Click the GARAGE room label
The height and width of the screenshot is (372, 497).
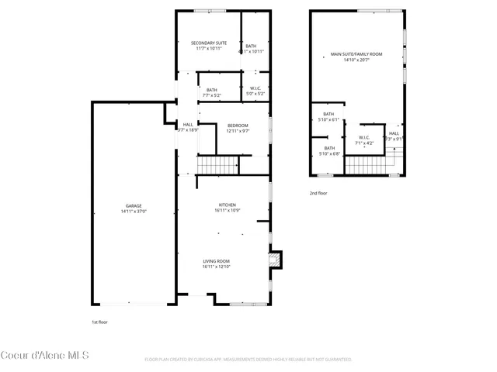pyautogui.click(x=134, y=205)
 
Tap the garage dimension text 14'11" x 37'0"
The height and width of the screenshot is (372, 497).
pyautogui.click(x=134, y=211)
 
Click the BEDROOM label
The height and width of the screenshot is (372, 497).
pyautogui.click(x=238, y=126)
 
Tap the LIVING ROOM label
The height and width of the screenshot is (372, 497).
pyautogui.click(x=217, y=260)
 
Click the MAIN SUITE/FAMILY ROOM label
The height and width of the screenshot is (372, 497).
pyautogui.click(x=356, y=54)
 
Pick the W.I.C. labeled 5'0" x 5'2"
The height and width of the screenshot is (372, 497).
pyautogui.click(x=255, y=91)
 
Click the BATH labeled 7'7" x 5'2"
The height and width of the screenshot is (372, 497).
pyautogui.click(x=212, y=91)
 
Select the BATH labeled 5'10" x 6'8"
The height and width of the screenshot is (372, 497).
pyautogui.click(x=329, y=150)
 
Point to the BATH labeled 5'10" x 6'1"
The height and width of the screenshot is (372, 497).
pyautogui.click(x=328, y=117)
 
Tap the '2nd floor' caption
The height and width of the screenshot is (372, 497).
pyautogui.click(x=318, y=193)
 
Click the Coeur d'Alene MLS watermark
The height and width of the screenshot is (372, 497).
pyautogui.click(x=45, y=356)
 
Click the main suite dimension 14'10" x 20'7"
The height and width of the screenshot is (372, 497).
pyautogui.click(x=356, y=60)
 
